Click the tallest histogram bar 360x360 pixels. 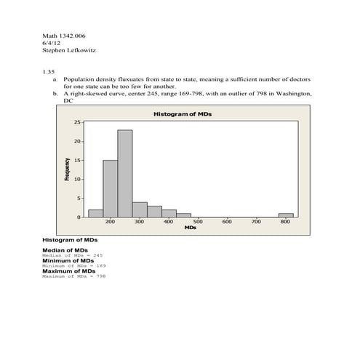(x=124, y=173)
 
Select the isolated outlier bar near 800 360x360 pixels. (x=286, y=215)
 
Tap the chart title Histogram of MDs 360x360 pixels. (x=183, y=115)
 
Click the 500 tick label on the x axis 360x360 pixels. (x=198, y=222)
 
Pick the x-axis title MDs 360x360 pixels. (x=190, y=228)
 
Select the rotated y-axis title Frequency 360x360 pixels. (x=68, y=169)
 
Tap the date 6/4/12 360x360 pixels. (x=51, y=44)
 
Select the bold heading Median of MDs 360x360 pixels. (x=64, y=250)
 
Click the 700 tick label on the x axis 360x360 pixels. (x=256, y=222)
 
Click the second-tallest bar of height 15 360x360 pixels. (x=110, y=188)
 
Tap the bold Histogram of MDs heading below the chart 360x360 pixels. (x=70, y=239)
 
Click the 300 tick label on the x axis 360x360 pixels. (x=139, y=222)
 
